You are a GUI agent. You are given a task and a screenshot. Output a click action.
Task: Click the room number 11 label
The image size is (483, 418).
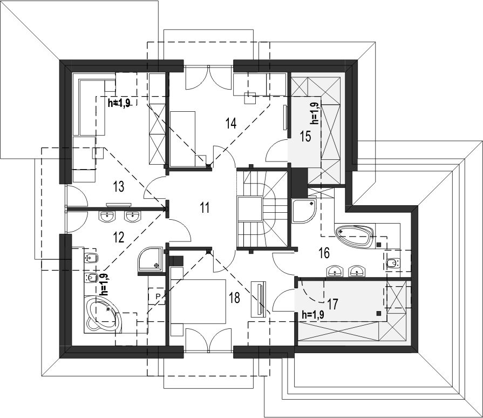click(x=205, y=207)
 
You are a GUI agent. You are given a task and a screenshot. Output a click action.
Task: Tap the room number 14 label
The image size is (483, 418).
click(x=231, y=123)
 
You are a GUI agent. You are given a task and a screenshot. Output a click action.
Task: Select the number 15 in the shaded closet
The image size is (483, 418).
click(x=305, y=136)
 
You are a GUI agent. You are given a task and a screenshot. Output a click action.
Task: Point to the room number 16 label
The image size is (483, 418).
click(x=324, y=253)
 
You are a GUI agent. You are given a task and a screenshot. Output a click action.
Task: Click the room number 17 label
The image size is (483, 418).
click(x=332, y=304)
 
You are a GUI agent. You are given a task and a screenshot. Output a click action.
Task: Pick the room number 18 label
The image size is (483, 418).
click(x=234, y=298)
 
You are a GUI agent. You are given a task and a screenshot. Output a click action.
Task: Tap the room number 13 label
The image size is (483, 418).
click(x=119, y=186)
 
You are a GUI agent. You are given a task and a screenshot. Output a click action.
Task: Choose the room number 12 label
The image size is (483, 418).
click(x=119, y=238)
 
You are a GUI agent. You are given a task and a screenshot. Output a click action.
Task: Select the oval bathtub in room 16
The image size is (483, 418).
click(x=355, y=235)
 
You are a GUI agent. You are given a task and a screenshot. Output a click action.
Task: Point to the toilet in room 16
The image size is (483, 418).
click(x=392, y=263)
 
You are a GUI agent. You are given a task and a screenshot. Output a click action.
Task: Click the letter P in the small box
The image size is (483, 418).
click(x=158, y=296)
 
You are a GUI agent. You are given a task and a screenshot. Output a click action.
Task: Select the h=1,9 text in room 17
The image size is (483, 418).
click(x=313, y=315)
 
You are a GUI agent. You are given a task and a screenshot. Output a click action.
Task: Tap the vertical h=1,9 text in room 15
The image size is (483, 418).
click(x=315, y=113)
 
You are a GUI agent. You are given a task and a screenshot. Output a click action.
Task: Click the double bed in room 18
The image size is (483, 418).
click(x=198, y=301)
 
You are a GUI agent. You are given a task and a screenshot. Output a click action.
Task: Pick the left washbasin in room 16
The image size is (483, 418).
click(x=335, y=271)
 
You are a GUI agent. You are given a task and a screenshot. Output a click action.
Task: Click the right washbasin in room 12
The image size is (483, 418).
click(x=133, y=217)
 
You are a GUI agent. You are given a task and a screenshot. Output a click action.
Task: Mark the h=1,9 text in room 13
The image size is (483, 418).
click(x=119, y=103)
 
